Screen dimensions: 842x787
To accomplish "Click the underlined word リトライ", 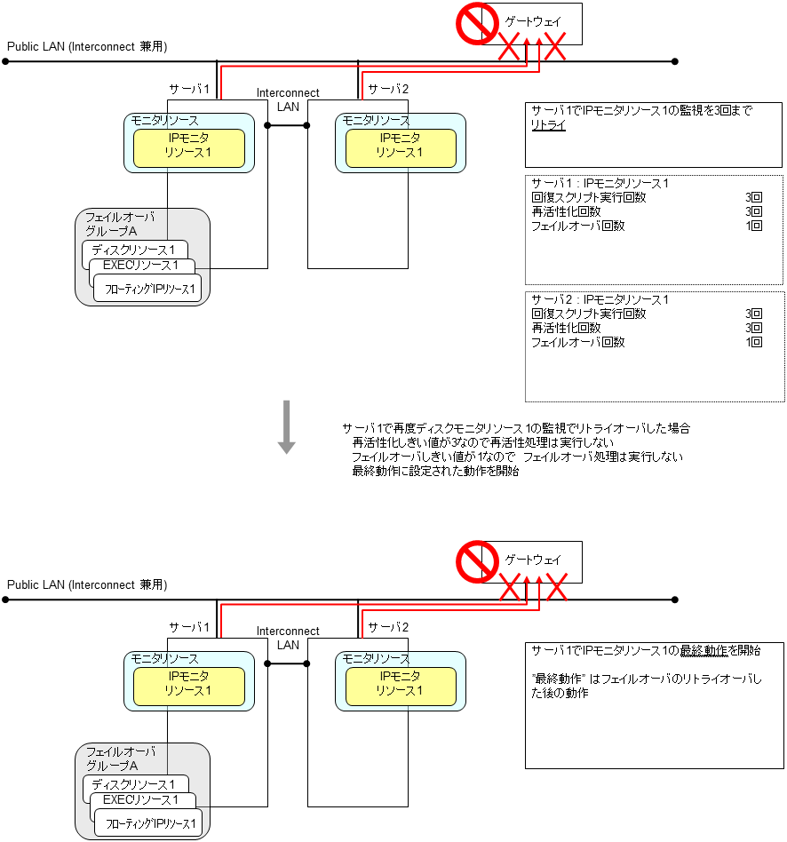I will coord(548,126).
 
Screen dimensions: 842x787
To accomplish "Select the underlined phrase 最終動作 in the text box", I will coord(704,651).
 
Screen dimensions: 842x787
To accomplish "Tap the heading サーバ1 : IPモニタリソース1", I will coord(600,184).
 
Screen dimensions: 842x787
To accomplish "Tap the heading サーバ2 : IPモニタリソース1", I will coord(600,300).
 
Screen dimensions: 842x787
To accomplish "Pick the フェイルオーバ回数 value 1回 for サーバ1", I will coord(754,226).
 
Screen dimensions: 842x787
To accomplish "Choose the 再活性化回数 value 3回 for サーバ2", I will coord(754,328).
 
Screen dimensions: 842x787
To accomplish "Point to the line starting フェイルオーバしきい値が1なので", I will coord(518,457).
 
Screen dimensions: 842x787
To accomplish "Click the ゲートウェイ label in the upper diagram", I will coord(533,20).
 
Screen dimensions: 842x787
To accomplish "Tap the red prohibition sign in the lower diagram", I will coord(476,561).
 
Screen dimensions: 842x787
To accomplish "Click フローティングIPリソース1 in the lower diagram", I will coord(149,825).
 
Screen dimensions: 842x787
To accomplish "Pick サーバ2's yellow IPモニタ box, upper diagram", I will coord(401,148).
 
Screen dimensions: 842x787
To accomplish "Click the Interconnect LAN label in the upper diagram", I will coord(288,99).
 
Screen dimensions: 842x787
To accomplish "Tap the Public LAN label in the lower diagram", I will coord(87,585).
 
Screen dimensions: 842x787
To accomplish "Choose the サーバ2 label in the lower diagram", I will coord(388,627).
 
